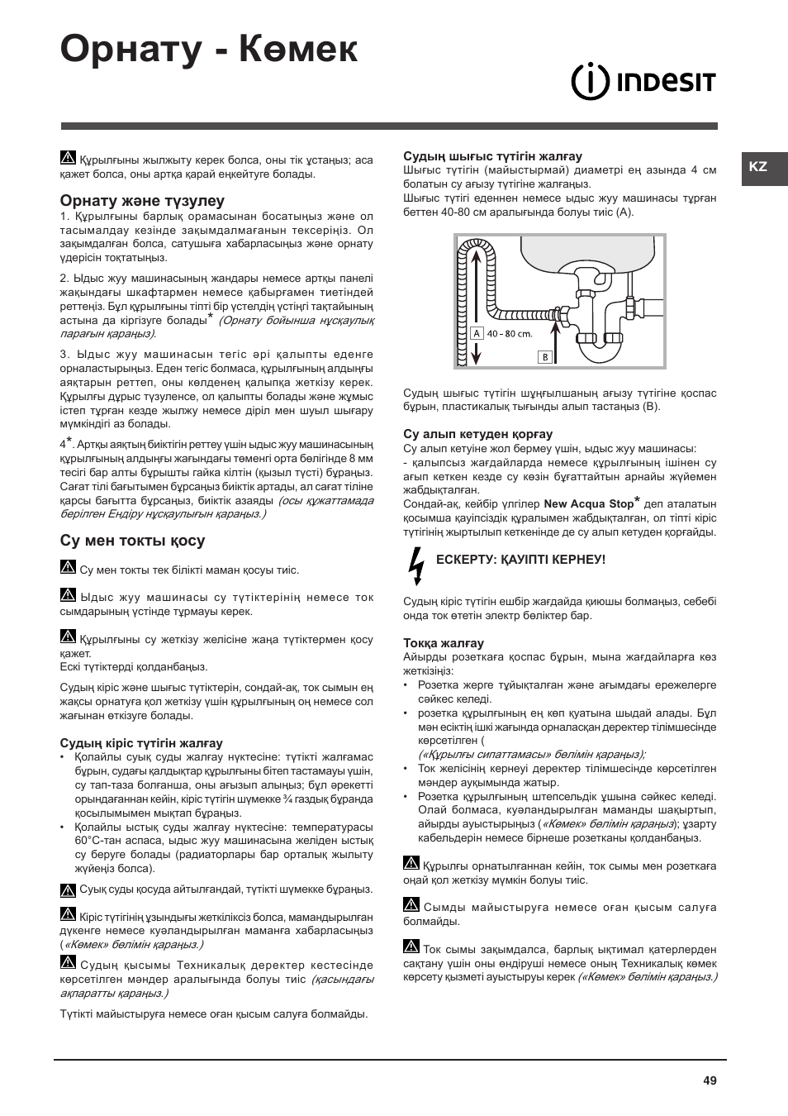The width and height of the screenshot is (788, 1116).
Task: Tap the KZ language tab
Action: pyautogui.click(x=759, y=167)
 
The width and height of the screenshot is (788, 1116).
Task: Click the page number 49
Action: pyautogui.click(x=710, y=1080)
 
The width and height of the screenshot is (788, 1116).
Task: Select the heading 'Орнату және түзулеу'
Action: pyautogui.click(x=142, y=201)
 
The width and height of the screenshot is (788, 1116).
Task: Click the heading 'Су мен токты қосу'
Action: pyautogui.click(x=132, y=541)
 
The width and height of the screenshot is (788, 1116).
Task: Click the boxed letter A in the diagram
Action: pyautogui.click(x=477, y=334)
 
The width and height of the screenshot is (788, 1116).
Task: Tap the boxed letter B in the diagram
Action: pyautogui.click(x=544, y=357)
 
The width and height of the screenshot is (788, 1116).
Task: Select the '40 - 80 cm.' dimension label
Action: pyautogui.click(x=510, y=334)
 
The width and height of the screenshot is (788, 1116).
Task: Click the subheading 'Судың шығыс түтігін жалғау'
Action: pyautogui.click(x=492, y=156)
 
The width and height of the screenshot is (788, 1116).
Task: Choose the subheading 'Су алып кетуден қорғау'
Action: pyautogui.click(x=477, y=434)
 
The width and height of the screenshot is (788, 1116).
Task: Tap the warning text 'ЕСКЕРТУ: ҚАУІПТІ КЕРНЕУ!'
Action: pyautogui.click(x=520, y=560)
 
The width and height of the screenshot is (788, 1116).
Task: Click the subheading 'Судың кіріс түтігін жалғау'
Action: pyautogui.click(x=141, y=743)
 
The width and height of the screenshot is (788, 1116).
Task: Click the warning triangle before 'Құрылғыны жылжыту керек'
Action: pyautogui.click(x=68, y=158)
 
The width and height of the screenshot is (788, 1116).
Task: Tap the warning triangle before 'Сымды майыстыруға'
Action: pyautogui.click(x=411, y=905)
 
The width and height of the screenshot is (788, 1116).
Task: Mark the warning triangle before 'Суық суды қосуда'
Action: pyautogui.click(x=68, y=890)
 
